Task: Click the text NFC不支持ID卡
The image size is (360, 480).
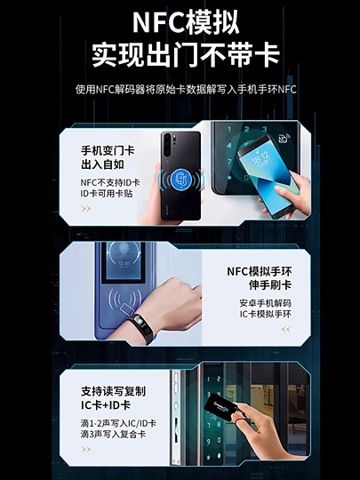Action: tap(110, 181)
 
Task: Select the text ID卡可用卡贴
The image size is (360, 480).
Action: tap(106, 193)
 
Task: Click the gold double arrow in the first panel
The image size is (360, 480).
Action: tap(86, 210)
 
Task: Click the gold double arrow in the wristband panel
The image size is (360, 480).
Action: tap(285, 329)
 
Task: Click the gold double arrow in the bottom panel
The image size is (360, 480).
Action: tap(86, 450)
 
